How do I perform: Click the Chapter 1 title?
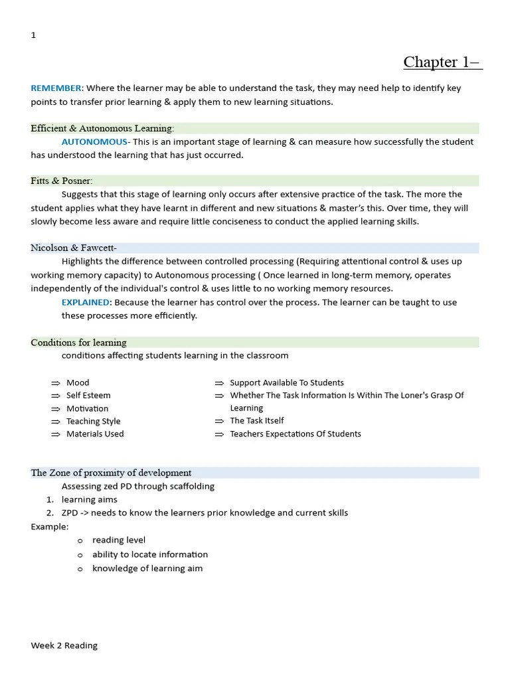tap(442, 62)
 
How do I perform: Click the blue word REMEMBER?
tap(56, 88)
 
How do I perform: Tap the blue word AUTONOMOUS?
tap(94, 141)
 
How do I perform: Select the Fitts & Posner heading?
tap(62, 181)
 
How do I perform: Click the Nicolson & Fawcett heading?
tap(74, 248)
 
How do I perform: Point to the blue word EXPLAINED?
tap(86, 302)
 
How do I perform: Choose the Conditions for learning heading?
tap(78, 343)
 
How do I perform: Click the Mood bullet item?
tap(78, 382)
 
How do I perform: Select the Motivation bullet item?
tap(87, 408)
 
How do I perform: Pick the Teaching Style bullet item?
tap(93, 421)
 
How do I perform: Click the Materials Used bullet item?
tap(95, 434)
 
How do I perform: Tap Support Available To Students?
tap(286, 382)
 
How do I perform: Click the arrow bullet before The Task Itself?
tap(219, 421)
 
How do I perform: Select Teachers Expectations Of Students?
tap(295, 434)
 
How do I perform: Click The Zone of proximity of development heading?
tap(111, 473)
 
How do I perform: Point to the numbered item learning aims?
tap(89, 499)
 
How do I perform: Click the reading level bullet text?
tap(119, 540)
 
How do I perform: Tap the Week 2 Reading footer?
tap(64, 645)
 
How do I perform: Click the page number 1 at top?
tap(33, 35)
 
